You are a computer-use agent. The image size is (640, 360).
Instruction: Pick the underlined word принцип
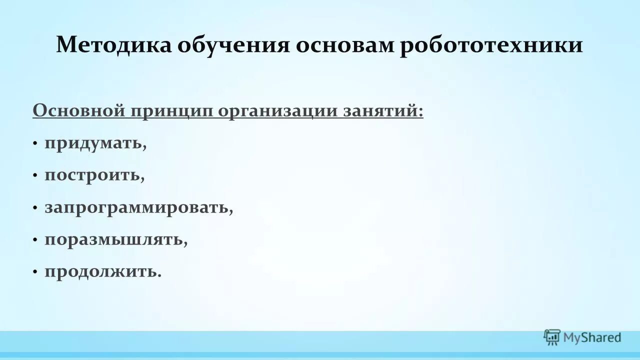172,111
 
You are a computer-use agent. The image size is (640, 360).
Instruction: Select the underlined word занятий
383,111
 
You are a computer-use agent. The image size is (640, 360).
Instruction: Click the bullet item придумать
95,144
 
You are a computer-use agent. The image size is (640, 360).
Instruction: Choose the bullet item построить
94,176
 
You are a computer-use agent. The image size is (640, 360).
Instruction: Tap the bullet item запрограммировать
139,208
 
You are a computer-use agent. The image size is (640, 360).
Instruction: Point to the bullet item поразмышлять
116,240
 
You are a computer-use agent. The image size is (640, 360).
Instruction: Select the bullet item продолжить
103,272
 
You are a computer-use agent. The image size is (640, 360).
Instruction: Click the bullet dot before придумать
35,144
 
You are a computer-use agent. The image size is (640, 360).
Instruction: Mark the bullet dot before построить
35,176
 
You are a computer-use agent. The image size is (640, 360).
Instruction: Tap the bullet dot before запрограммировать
35,208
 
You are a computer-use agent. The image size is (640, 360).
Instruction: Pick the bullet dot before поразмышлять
35,240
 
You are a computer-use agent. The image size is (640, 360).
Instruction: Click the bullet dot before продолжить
35,272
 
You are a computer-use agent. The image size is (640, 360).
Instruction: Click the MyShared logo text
592,338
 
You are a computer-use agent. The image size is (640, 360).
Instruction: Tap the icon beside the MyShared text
552,337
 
